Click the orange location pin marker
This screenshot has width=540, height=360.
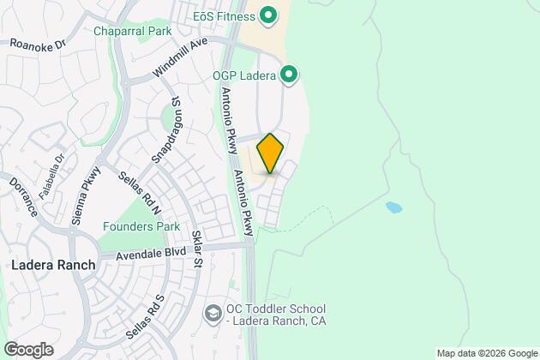[x=270, y=153]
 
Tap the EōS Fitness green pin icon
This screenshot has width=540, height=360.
[x=267, y=15]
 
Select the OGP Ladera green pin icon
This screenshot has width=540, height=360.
[x=289, y=75]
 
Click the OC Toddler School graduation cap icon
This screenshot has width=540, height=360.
[x=212, y=315]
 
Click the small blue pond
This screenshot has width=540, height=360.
[x=394, y=207]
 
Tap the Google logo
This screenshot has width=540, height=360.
[x=28, y=350]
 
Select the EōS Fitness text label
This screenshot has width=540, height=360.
[x=223, y=15]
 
